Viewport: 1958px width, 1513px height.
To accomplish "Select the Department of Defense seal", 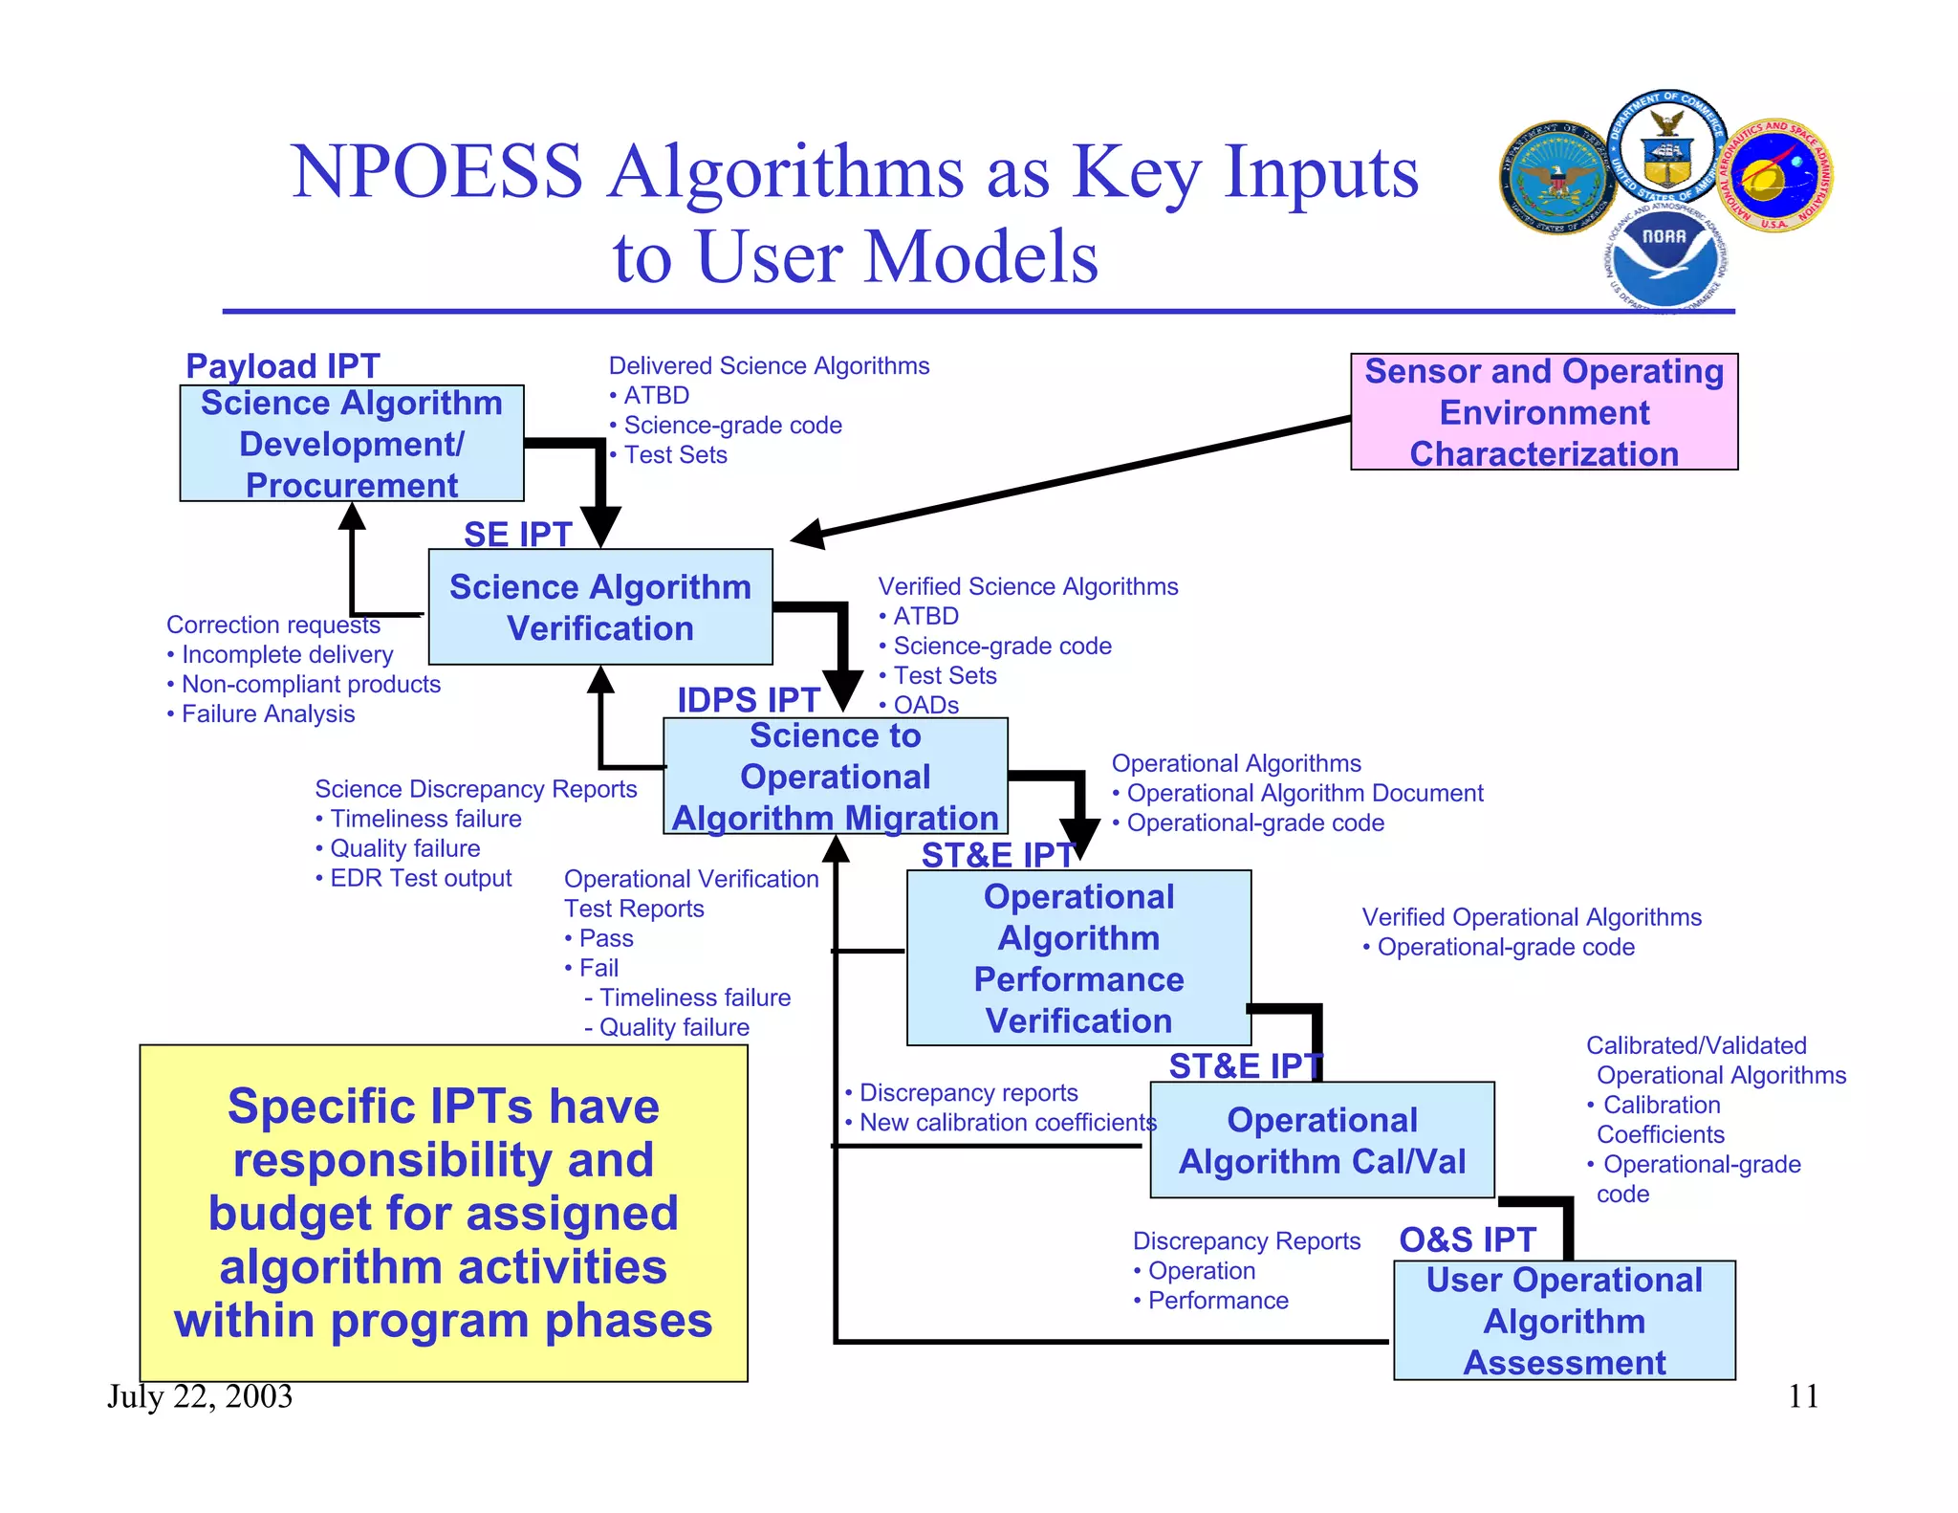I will (1558, 179).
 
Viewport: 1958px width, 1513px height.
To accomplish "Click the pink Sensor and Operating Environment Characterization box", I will (1543, 412).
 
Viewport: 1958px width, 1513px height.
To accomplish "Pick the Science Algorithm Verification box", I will (599, 607).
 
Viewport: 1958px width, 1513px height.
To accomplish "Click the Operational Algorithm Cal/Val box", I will (1321, 1140).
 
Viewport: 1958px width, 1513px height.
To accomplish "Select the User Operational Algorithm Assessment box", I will (1564, 1320).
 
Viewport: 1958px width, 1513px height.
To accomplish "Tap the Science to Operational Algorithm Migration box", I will (835, 777).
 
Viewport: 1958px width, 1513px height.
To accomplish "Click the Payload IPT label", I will (282, 366).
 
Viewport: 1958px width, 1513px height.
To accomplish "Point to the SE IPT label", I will (517, 534).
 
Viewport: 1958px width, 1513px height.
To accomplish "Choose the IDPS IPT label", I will (748, 700).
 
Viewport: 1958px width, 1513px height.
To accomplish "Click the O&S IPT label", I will (1467, 1239).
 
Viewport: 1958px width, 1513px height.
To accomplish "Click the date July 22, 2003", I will (200, 1396).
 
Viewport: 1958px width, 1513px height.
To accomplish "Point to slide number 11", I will (1803, 1396).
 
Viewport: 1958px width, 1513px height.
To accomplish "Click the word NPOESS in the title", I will (436, 172).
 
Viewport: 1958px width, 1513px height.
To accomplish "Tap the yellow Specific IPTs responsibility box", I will (444, 1213).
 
